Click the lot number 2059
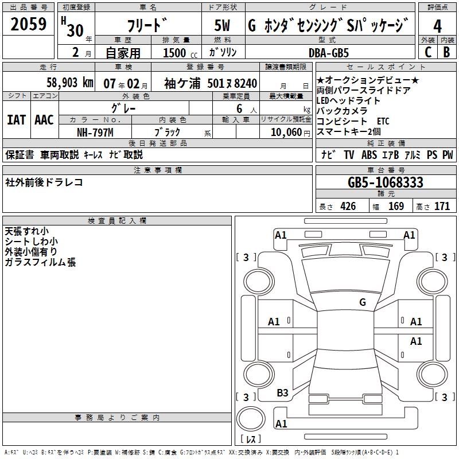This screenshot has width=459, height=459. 29,24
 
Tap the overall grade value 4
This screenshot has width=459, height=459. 438,26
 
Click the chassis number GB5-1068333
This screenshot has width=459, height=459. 386,182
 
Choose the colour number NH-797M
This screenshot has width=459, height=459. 95,132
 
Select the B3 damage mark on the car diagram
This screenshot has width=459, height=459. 283,393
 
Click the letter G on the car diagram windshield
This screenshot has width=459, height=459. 363,302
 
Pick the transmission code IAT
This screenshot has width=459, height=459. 17,120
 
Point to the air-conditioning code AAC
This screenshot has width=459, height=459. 44,120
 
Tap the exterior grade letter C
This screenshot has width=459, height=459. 427,52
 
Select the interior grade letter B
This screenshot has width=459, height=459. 446,52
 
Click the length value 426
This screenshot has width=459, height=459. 348,207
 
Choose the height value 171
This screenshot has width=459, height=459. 442,207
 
